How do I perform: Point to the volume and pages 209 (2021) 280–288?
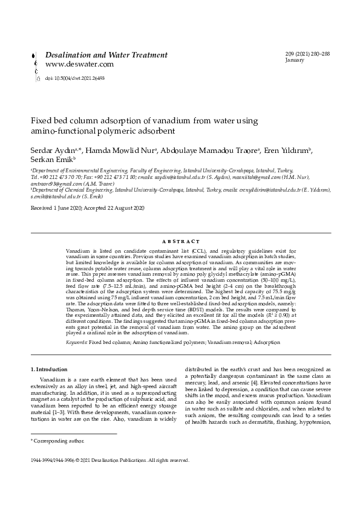[307, 54]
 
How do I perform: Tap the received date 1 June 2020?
[65, 208]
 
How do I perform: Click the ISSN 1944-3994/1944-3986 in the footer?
[60, 460]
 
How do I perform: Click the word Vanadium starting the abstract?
[79, 250]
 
